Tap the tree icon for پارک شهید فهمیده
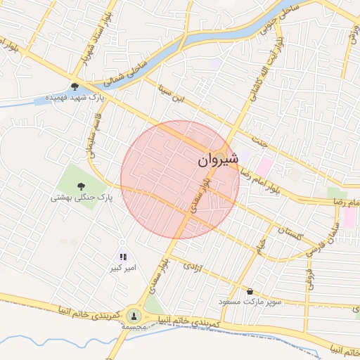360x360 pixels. (x=75, y=87)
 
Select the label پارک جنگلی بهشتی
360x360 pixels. (x=81, y=198)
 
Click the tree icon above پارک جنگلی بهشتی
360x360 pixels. (x=82, y=186)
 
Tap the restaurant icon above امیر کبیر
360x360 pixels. (x=122, y=258)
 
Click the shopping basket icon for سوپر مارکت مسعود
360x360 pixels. (x=250, y=291)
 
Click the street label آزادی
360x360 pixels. (x=192, y=267)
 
